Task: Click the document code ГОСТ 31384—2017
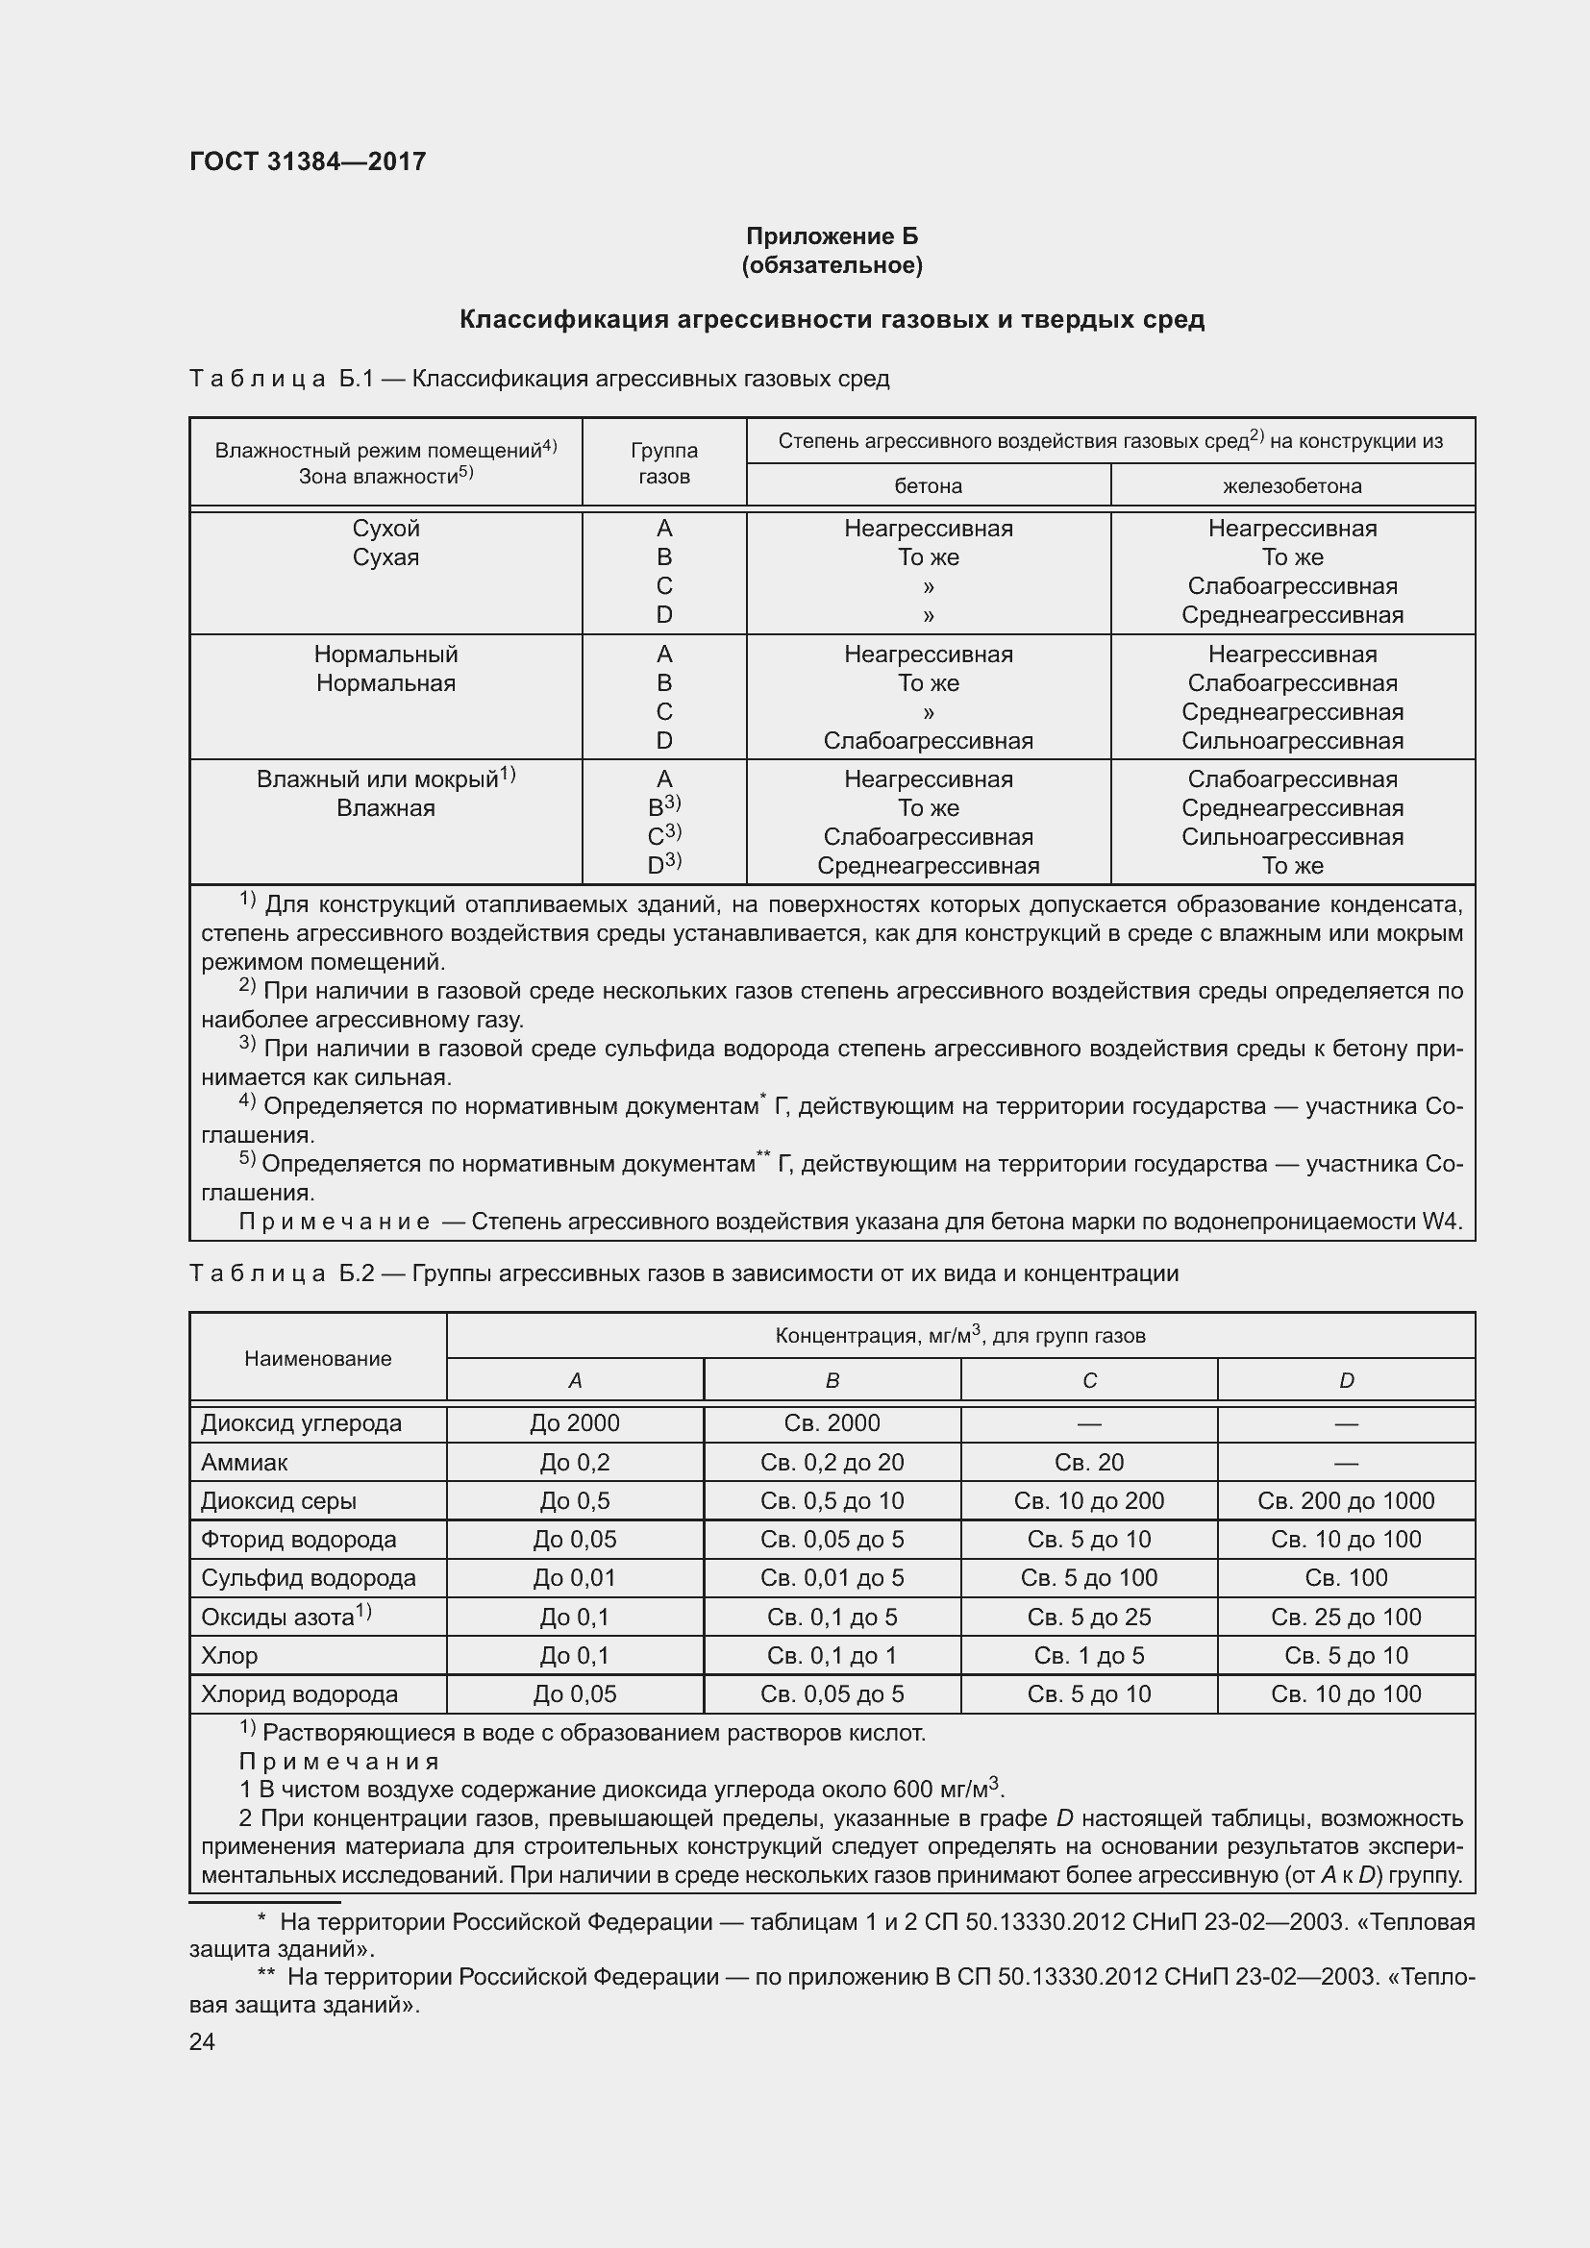(308, 161)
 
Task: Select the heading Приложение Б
(832, 236)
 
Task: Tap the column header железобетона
(1291, 485)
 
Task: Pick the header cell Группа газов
(664, 463)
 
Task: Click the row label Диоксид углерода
(301, 1422)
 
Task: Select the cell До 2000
(575, 1422)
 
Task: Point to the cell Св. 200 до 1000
(1345, 1501)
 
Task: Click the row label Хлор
(229, 1656)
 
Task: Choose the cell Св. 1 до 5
(1089, 1656)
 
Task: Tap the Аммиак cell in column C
(1089, 1462)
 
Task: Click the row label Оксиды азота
(278, 1618)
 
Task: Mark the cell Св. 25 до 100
(1345, 1618)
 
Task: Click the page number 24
(202, 2041)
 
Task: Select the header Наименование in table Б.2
(317, 1359)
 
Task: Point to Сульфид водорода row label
(308, 1578)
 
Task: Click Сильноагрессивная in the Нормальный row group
(1291, 741)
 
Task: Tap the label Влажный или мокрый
(378, 779)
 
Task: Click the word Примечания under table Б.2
(338, 1763)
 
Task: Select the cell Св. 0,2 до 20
(832, 1462)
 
